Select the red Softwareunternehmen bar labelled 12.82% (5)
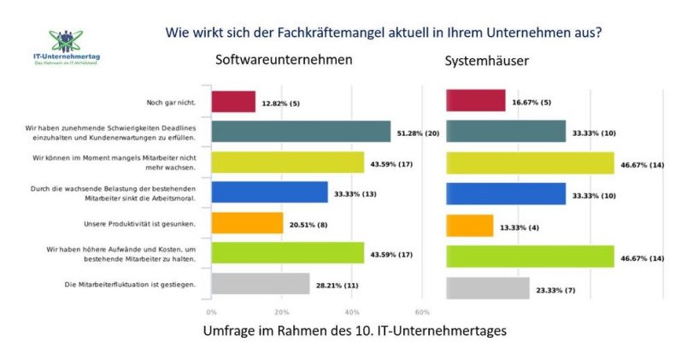click(233, 101)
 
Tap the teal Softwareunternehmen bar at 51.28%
click(301, 131)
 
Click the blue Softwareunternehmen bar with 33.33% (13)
click(269, 192)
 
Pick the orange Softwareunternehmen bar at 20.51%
click(247, 222)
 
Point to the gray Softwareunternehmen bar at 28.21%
click(261, 283)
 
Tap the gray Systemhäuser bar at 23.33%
click(488, 288)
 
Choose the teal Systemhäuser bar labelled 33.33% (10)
click(506, 131)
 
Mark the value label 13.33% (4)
click(520, 226)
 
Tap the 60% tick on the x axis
click(421, 312)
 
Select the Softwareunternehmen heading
click(272, 62)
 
